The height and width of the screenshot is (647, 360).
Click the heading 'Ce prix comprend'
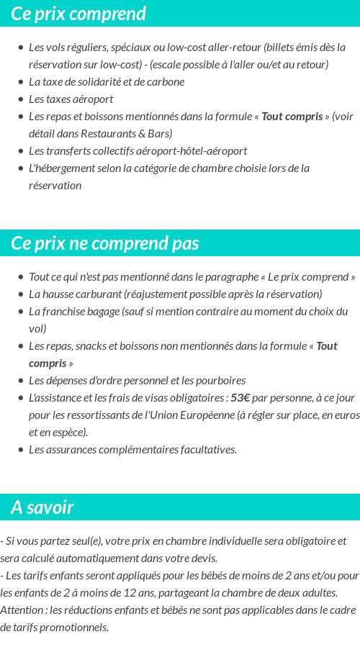pyautogui.click(x=78, y=14)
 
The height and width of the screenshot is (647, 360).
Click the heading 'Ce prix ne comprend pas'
pyautogui.click(x=105, y=243)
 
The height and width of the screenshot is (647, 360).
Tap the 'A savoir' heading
pyautogui.click(x=42, y=507)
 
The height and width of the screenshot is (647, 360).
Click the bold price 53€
pyautogui.click(x=240, y=397)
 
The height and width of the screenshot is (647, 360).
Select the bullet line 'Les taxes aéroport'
pyautogui.click(x=71, y=99)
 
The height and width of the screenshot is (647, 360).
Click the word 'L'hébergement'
pyautogui.click(x=61, y=168)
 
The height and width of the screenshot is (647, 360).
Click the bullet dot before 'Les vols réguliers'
pyautogui.click(x=20, y=47)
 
